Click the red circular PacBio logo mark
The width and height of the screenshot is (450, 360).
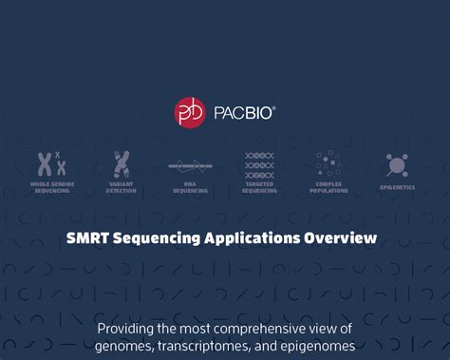189,113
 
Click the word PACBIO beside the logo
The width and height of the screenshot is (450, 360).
240,113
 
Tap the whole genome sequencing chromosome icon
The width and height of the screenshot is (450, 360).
52,163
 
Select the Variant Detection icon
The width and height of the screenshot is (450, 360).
122,163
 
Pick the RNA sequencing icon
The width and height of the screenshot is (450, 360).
190,164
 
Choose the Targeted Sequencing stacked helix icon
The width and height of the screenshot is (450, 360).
259,163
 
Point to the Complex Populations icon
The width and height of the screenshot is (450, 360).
328,163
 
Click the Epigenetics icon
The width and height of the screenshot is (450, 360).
397,164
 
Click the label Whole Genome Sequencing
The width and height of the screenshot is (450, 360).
52,187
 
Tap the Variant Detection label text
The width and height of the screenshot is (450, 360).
122,187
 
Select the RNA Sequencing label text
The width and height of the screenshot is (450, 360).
190,187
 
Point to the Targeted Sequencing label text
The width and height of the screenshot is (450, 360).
259,187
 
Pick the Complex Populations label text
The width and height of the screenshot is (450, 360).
328,187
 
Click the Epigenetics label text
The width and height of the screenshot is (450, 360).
397,187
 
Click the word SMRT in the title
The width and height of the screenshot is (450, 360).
88,237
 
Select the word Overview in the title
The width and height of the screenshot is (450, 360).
339,237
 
